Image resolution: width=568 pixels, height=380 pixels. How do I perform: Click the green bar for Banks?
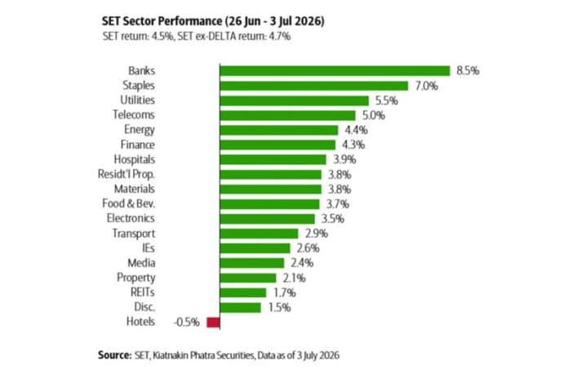click(335, 71)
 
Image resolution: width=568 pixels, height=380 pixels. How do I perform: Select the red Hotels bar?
click(213, 322)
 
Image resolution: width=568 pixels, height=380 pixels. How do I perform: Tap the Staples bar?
click(313, 86)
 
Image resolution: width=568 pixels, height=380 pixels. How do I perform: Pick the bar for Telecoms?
click(287, 115)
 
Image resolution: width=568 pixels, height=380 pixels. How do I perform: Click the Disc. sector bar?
click(240, 307)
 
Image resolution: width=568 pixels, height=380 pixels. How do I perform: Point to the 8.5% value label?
click(468, 71)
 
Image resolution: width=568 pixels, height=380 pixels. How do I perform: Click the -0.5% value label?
click(187, 322)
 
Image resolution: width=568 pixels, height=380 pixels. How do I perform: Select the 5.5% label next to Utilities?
click(387, 101)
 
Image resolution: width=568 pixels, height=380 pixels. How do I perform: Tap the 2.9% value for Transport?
click(317, 234)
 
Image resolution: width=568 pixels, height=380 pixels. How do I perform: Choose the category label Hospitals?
click(135, 159)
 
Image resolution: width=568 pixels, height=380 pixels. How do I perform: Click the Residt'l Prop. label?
click(126, 174)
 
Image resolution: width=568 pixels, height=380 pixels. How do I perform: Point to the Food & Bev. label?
click(129, 203)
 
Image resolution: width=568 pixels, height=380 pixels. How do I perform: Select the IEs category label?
click(149, 248)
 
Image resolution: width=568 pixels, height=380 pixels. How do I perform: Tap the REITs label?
click(143, 293)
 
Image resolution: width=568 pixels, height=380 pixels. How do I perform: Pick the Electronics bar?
click(268, 219)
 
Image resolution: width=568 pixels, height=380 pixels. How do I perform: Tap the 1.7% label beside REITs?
click(284, 293)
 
